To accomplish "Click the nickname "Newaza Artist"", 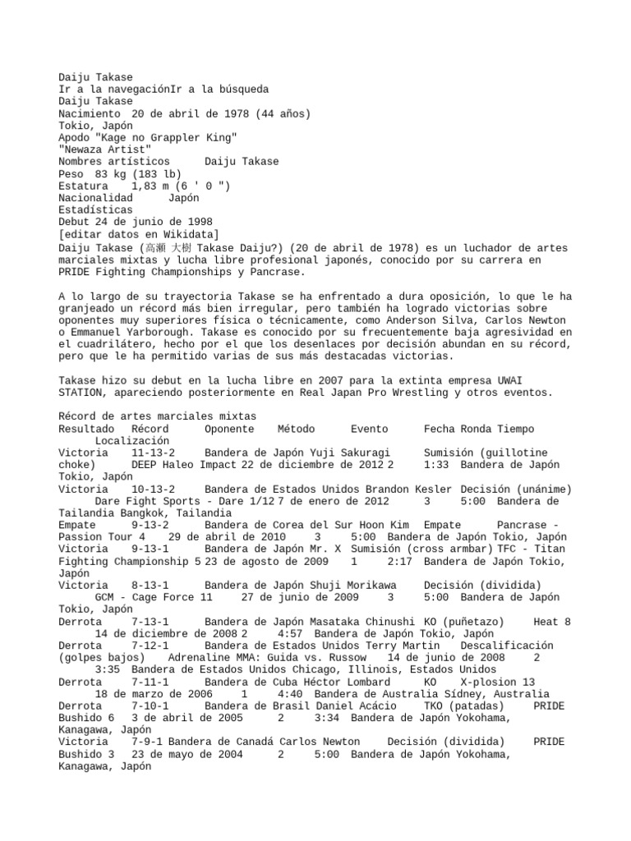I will (x=104, y=149).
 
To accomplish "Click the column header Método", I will (x=296, y=429).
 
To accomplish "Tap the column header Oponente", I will (x=229, y=429).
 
